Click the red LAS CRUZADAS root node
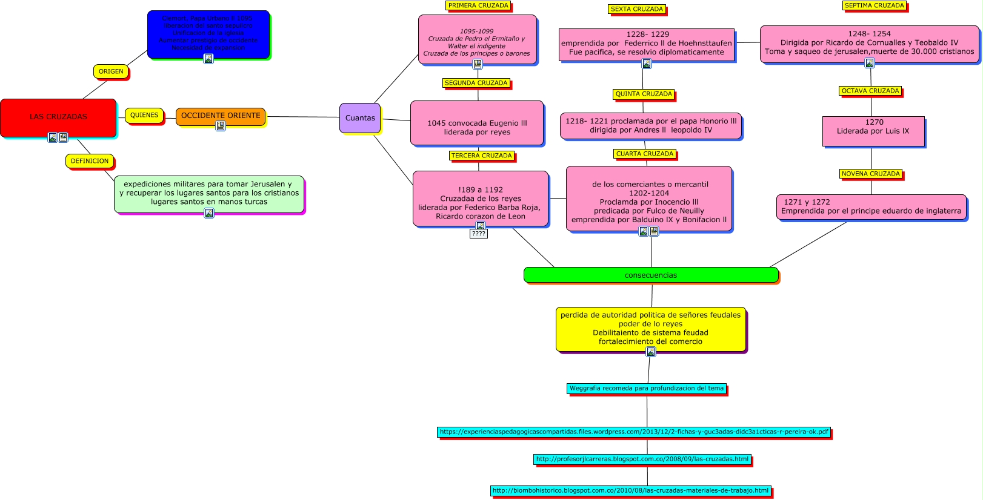pos(58,117)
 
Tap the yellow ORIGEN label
pos(111,71)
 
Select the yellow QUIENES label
pos(144,115)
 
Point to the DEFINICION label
pos(90,161)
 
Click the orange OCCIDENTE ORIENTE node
pos(221,116)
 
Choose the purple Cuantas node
pos(360,118)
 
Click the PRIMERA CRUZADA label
pos(478,5)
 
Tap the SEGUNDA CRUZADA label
pos(476,83)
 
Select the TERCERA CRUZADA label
pos(482,156)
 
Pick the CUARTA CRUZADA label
pos(645,154)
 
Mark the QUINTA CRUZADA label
pos(644,94)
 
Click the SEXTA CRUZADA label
pos(637,9)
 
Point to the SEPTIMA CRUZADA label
pos(875,5)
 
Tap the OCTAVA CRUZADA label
pos(870,91)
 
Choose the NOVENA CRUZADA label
pos(871,174)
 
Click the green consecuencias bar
pos(651,275)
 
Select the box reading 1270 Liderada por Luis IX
pos(873,131)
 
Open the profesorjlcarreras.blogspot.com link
pos(642,459)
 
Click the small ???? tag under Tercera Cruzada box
pos(478,234)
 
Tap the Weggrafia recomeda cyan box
pos(647,388)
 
